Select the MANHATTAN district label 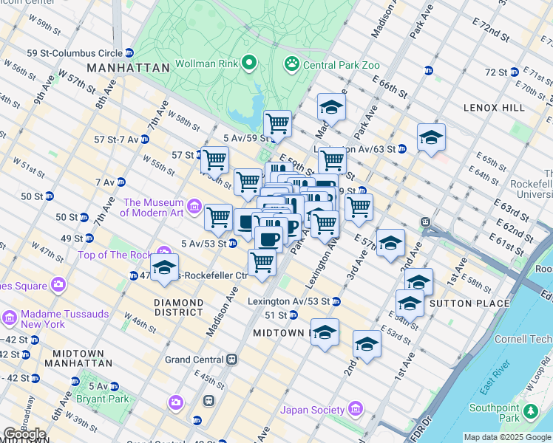click(128, 67)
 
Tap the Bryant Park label click(102, 399)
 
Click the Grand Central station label click(194, 360)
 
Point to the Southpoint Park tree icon click(530, 411)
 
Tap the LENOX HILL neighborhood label click(493, 108)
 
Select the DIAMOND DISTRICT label click(178, 308)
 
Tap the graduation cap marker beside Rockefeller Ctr click(164, 267)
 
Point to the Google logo click(25, 434)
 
